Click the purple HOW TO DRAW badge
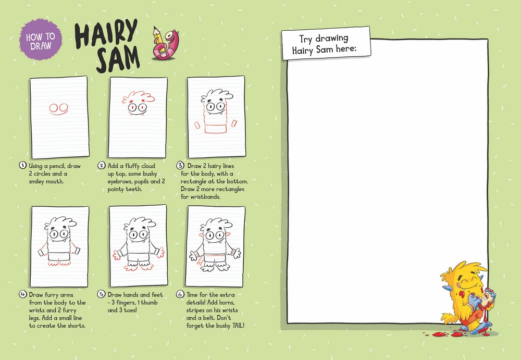41,40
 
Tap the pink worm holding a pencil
166,44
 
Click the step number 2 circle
102,166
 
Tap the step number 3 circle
180,166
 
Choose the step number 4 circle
22,294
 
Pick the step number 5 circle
102,294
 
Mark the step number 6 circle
180,294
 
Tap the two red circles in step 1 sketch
59,108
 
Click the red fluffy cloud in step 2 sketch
138,97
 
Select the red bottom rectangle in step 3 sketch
216,129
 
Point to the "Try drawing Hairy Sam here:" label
326,44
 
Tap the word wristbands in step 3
205,197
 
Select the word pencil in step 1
53,166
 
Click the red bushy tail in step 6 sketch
201,262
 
